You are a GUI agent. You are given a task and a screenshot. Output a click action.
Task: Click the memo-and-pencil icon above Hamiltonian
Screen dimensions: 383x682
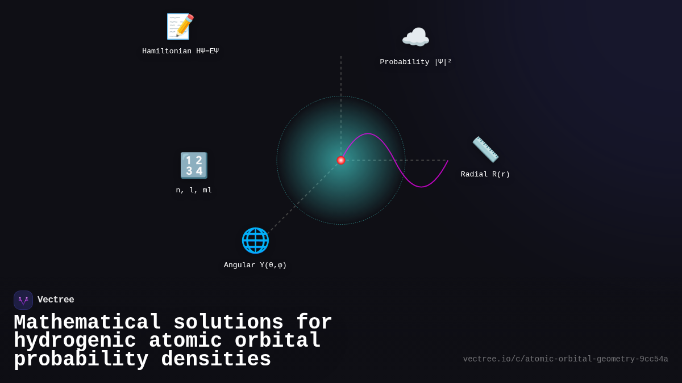coord(180,26)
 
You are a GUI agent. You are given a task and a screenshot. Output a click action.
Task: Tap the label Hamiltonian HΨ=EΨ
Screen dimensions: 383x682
coord(180,51)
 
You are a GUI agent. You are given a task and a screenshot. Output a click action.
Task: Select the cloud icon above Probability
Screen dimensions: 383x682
coord(415,37)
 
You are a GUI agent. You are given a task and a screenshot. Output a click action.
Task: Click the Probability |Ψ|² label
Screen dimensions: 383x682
coord(415,62)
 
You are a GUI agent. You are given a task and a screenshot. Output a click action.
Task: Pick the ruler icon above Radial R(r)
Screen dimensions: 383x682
coord(485,149)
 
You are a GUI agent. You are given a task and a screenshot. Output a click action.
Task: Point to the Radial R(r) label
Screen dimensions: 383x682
coord(485,174)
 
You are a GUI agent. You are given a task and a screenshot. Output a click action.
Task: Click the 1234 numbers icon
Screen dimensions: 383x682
coord(194,165)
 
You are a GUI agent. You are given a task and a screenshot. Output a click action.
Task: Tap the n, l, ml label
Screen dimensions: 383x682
coord(194,190)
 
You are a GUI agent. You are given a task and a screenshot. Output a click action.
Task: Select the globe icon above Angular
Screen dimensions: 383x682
coord(255,240)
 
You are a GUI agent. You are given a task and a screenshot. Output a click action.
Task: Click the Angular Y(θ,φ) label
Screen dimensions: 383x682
coord(255,265)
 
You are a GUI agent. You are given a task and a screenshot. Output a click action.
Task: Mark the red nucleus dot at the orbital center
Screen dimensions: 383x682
coord(341,160)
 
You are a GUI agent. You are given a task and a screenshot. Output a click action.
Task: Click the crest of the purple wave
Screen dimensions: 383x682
coord(368,134)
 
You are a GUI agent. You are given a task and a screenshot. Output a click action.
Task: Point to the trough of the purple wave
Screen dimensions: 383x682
coord(421,186)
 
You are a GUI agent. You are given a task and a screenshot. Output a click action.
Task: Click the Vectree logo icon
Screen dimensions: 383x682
coord(23,300)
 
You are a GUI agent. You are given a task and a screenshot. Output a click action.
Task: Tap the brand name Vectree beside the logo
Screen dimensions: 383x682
coord(56,300)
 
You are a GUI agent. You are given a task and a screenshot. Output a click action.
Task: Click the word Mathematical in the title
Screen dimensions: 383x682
coord(88,323)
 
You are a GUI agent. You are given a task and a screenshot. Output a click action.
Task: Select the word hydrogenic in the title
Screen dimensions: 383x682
coord(75,341)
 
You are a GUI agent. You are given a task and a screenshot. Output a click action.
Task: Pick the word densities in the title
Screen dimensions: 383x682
coord(216,360)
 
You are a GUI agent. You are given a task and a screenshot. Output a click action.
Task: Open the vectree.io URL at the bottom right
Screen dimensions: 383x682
coord(565,359)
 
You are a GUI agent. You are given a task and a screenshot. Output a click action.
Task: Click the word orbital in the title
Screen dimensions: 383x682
coord(277,341)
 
